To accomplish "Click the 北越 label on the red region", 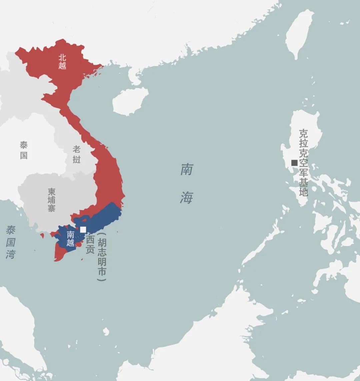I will (x=62, y=62).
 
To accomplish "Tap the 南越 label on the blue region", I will (x=70, y=238).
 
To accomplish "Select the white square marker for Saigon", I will (x=83, y=229).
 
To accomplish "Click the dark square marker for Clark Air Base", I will (x=294, y=163).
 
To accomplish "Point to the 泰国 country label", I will (x=24, y=150).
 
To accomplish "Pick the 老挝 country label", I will (x=77, y=155).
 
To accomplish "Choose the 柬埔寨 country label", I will (x=52, y=200).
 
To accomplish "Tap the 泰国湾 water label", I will (x=11, y=242).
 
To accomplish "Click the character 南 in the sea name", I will (x=187, y=169).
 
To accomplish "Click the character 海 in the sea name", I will (x=187, y=197).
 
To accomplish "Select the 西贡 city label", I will (x=90, y=245).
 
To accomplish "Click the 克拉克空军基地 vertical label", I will (x=303, y=162).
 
